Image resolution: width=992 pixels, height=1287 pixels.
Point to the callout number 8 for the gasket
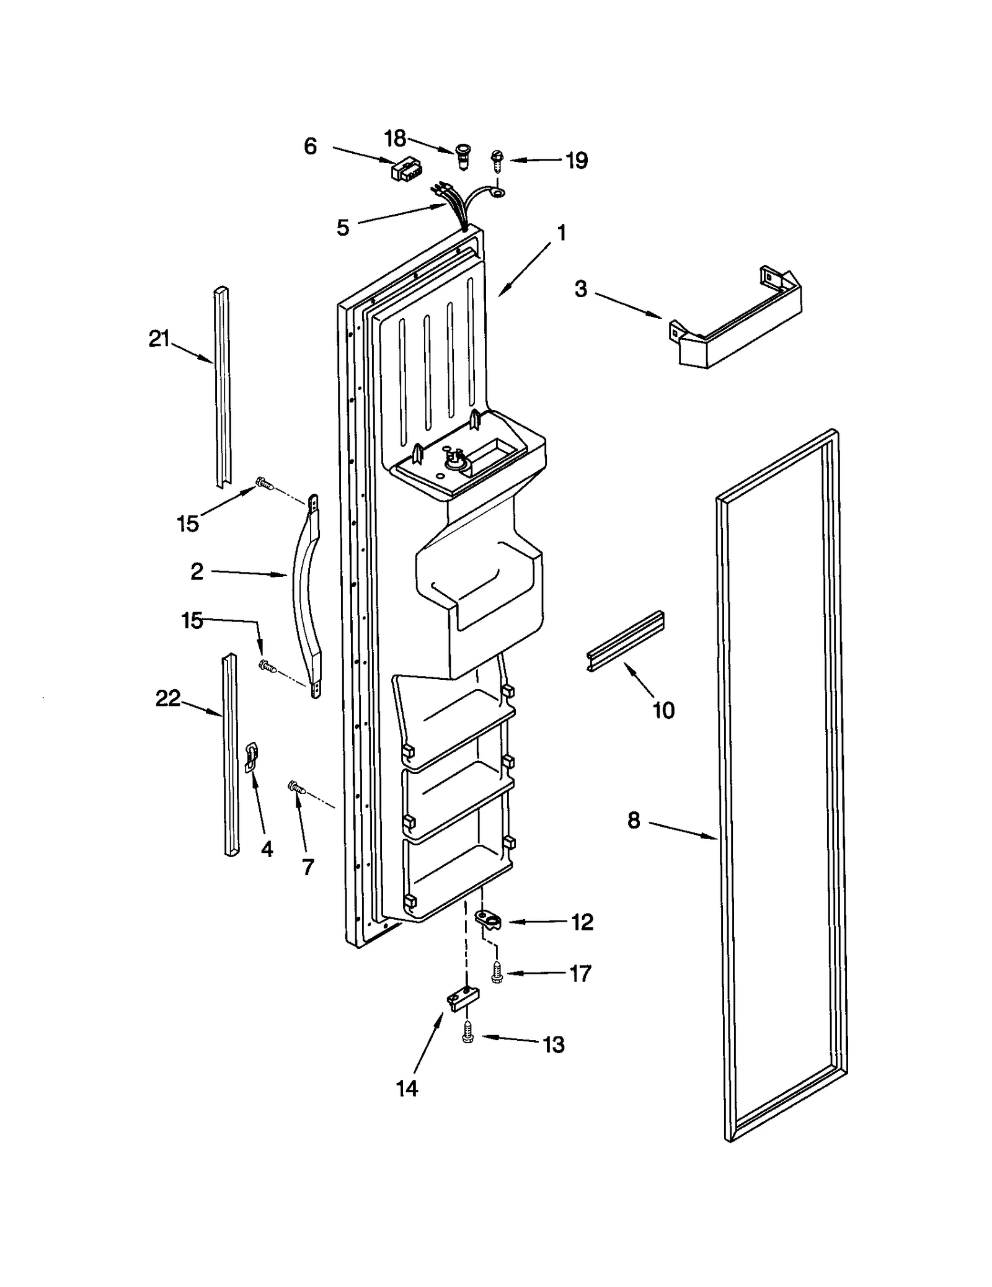[x=633, y=821]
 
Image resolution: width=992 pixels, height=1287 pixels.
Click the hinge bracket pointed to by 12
[x=489, y=920]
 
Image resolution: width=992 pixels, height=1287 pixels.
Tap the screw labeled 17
[x=496, y=973]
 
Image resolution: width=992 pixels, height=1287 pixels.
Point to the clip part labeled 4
[x=252, y=758]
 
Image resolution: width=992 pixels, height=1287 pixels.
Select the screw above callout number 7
[x=296, y=788]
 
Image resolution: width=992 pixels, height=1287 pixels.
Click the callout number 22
[x=167, y=698]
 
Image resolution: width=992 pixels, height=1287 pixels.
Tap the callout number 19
[x=577, y=161]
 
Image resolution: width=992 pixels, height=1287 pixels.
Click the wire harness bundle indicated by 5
[x=459, y=208]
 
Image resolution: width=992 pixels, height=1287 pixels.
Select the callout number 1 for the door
[x=561, y=233]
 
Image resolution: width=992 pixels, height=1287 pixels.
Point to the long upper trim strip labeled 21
[x=221, y=385]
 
